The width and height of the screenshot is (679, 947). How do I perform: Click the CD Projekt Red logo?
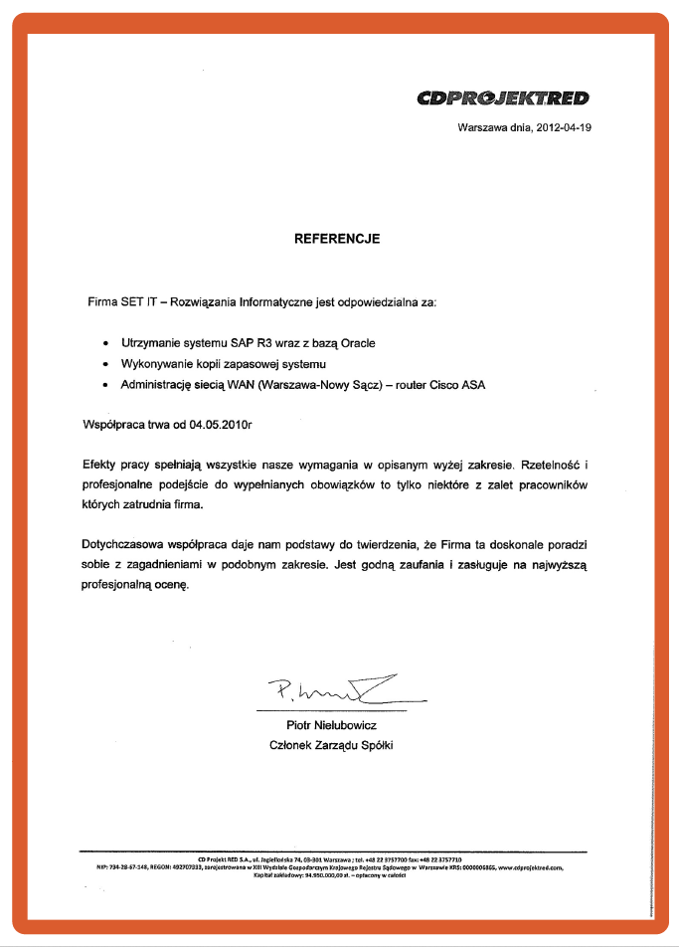(503, 97)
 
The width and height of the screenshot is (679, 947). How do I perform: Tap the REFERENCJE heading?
(337, 239)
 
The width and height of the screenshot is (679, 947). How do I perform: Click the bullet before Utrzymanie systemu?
(105, 343)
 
